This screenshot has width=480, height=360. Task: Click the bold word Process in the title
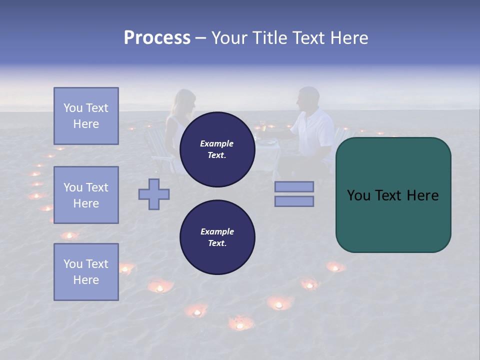point(157,38)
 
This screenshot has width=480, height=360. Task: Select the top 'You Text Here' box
point(86,116)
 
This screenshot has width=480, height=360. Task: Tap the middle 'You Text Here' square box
point(86,195)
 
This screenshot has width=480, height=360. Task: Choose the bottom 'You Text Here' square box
point(86,271)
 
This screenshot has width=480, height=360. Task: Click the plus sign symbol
point(154,194)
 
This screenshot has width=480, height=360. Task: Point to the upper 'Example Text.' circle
point(217,149)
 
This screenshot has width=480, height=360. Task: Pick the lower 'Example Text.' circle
point(217,237)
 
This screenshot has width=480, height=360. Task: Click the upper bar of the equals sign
point(294,186)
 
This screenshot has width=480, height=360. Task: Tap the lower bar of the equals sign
point(294,201)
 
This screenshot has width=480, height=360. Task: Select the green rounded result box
point(393,195)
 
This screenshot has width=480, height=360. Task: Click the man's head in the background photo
point(308,97)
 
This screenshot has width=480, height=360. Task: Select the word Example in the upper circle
point(217,143)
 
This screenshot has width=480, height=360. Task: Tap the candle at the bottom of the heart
point(240,324)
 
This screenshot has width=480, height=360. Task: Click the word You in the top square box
point(73,108)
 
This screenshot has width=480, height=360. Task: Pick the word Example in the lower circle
point(217,231)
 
